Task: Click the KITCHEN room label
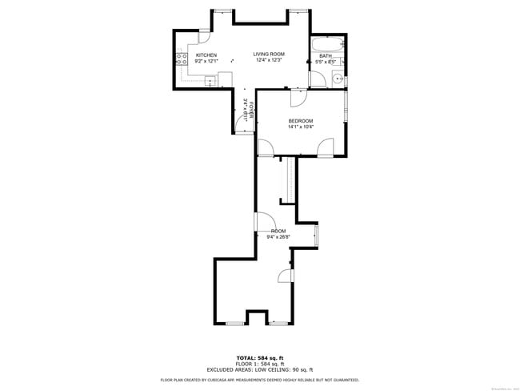tap(206, 55)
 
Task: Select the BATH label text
tap(325, 56)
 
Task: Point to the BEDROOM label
tap(301, 121)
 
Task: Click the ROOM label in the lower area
tap(278, 231)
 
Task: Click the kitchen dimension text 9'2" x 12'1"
tap(206, 62)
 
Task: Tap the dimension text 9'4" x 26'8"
tap(278, 237)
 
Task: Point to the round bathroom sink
tap(338, 79)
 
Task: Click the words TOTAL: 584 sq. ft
tap(260, 357)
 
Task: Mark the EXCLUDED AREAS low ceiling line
tap(260, 369)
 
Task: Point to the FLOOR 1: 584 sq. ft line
tap(260, 363)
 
